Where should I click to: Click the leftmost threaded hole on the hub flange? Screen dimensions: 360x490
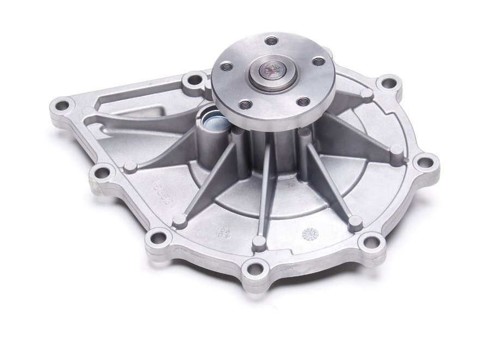(x=225, y=67)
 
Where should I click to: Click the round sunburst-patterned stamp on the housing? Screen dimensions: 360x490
(x=309, y=233)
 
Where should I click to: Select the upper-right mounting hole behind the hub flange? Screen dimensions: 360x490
(x=389, y=83)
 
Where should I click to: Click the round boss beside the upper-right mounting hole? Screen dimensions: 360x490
(x=366, y=94)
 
